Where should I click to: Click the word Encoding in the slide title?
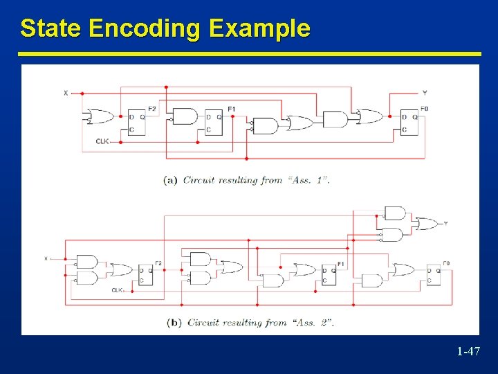pyautogui.click(x=145, y=28)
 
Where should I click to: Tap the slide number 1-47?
pyautogui.click(x=468, y=352)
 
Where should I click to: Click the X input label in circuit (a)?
pyautogui.click(x=66, y=93)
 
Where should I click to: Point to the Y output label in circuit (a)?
pyautogui.click(x=424, y=93)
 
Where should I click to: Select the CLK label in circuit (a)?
pyautogui.click(x=102, y=142)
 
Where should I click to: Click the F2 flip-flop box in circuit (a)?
pyautogui.click(x=136, y=123)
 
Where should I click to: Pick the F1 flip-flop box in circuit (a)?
pyautogui.click(x=213, y=123)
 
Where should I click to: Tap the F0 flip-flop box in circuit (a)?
pyautogui.click(x=409, y=122)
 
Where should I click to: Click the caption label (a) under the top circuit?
pyautogui.click(x=171, y=180)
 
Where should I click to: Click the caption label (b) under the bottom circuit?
pyautogui.click(x=174, y=322)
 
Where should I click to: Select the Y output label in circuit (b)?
pyautogui.click(x=445, y=223)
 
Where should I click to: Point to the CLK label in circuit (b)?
pyautogui.click(x=117, y=290)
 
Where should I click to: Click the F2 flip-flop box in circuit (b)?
pyautogui.click(x=145, y=275)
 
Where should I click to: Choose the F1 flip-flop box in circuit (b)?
pyautogui.click(x=329, y=275)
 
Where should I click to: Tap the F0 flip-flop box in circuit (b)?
pyautogui.click(x=433, y=275)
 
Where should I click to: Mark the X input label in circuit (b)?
pyautogui.click(x=46, y=258)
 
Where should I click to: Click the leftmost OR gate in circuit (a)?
pyautogui.click(x=100, y=116)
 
